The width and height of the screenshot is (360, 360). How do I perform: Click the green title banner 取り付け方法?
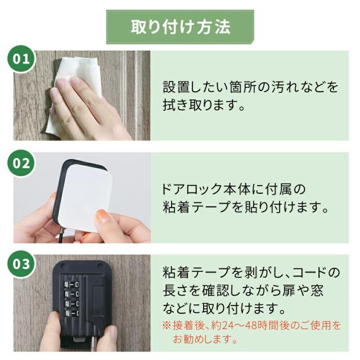click(x=180, y=27)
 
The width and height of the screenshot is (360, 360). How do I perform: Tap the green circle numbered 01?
click(x=21, y=58)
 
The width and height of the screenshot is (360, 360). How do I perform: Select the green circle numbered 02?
click(x=21, y=163)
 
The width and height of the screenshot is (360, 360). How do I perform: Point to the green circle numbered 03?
click(x=21, y=264)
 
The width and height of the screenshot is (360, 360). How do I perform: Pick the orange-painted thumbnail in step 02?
click(x=102, y=216)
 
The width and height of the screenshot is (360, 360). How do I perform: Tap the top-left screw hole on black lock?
click(x=62, y=266)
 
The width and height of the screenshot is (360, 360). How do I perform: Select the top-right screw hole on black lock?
click(x=100, y=266)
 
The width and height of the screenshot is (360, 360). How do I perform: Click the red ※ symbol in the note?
click(x=167, y=326)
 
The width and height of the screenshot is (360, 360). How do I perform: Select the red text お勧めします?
click(x=205, y=339)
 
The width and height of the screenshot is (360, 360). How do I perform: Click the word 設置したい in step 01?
click(x=196, y=87)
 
